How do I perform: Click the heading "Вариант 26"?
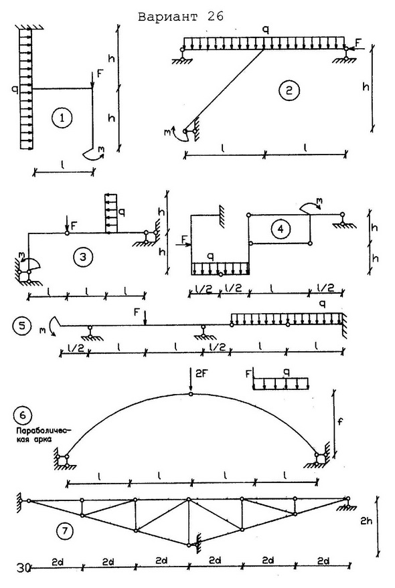(181, 17)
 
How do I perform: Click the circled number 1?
(62, 118)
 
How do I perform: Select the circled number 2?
(289, 90)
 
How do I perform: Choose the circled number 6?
(23, 415)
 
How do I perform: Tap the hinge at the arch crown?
(191, 394)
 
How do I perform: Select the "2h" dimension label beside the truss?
(366, 520)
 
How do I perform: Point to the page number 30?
(23, 568)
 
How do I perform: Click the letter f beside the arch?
(340, 422)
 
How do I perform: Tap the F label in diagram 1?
(100, 73)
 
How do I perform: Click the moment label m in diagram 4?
(319, 202)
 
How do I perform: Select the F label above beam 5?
(137, 312)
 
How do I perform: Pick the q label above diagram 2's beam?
(266, 30)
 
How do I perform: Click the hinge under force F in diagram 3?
(67, 233)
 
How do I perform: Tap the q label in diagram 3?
(122, 213)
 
